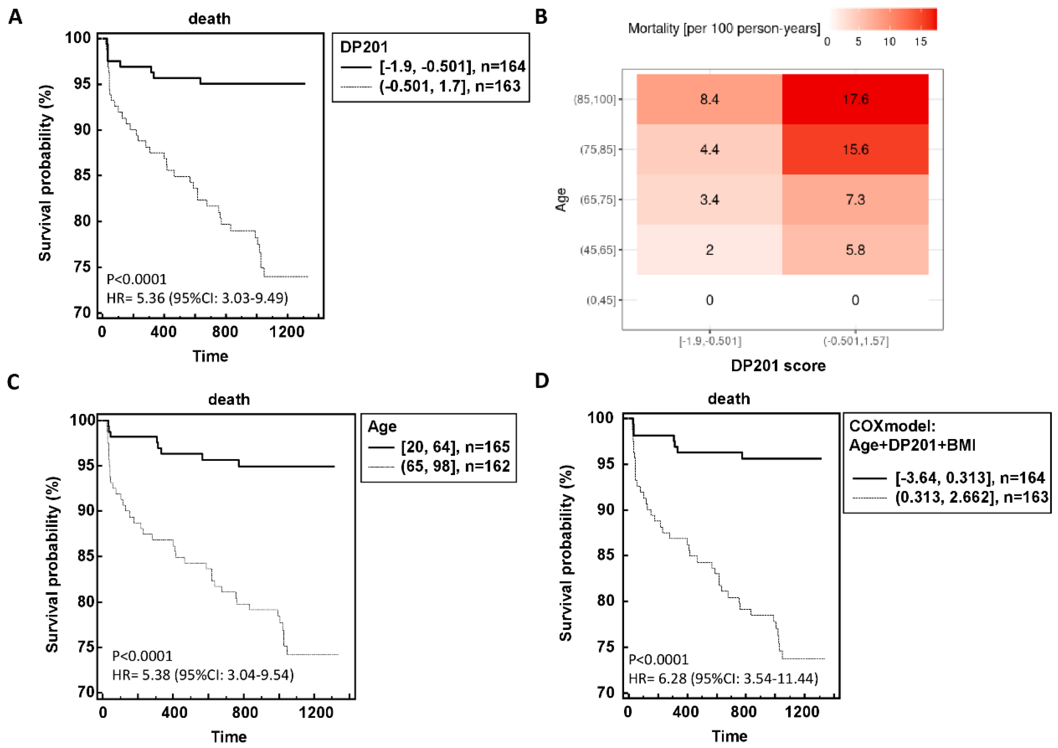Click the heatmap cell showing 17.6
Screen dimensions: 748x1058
[855, 99]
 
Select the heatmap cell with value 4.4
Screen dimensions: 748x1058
[709, 149]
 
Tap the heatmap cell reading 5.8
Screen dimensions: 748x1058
[855, 250]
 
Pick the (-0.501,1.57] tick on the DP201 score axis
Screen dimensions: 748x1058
[856, 341]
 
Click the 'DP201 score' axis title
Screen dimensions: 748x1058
[778, 366]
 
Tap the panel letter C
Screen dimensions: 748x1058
[13, 382]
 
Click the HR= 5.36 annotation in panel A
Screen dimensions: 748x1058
[197, 298]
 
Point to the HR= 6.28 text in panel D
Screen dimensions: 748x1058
[723, 679]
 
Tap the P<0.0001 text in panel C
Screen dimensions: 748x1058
[143, 656]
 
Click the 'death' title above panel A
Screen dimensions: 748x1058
[209, 19]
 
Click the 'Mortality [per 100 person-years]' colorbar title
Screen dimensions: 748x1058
[724, 29]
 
